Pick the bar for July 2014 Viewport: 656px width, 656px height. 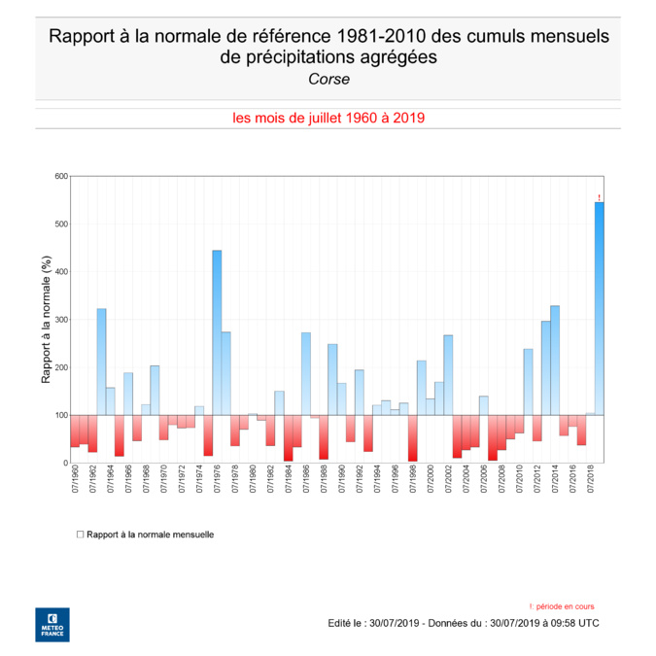[x=554, y=361]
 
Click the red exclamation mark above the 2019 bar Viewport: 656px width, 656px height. [x=599, y=197]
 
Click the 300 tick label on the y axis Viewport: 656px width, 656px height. [x=61, y=320]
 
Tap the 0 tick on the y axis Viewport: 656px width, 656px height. [x=65, y=463]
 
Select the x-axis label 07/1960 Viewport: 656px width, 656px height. [x=75, y=480]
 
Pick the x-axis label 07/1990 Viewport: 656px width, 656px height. [x=341, y=480]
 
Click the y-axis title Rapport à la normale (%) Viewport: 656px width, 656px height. [x=46, y=320]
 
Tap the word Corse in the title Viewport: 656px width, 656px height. [x=328, y=80]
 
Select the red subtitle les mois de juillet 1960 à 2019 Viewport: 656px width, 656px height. [x=328, y=118]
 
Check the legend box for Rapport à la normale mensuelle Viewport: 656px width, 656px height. [x=80, y=535]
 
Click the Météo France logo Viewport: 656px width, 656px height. [x=52, y=624]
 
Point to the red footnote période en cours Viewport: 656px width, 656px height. [x=566, y=605]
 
